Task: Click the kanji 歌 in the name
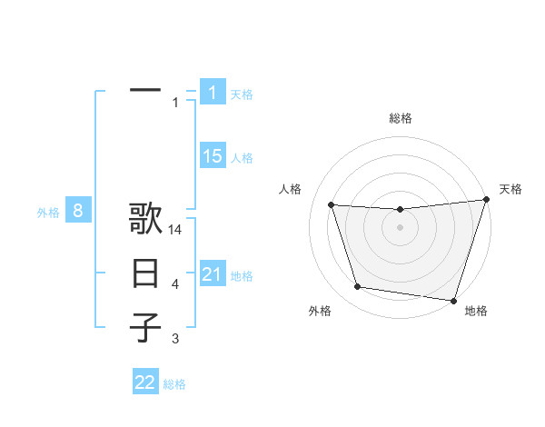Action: coord(145,222)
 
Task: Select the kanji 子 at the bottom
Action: coord(145,327)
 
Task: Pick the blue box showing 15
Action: coord(213,156)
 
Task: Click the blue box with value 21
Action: coord(213,274)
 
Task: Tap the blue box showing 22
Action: coord(145,382)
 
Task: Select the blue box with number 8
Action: coord(78,212)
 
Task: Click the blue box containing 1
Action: coord(213,92)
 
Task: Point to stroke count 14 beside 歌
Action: coord(175,230)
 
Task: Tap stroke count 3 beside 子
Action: coord(175,339)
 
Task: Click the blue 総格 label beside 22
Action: coord(174,384)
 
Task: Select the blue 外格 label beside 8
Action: coord(48,213)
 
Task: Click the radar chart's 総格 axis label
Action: coord(400,119)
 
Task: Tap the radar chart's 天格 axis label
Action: coord(510,189)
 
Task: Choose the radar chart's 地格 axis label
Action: coord(476,312)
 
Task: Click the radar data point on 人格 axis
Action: coord(332,205)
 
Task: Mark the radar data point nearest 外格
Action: coord(358,287)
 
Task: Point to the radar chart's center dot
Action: coord(400,227)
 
